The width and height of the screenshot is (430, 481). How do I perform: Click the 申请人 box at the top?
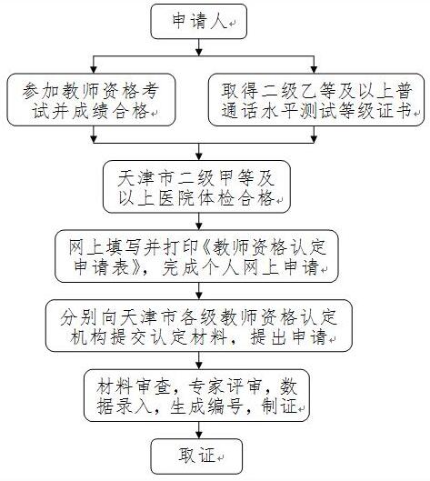click(x=195, y=23)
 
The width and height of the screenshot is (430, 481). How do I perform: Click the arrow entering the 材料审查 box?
click(x=197, y=362)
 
